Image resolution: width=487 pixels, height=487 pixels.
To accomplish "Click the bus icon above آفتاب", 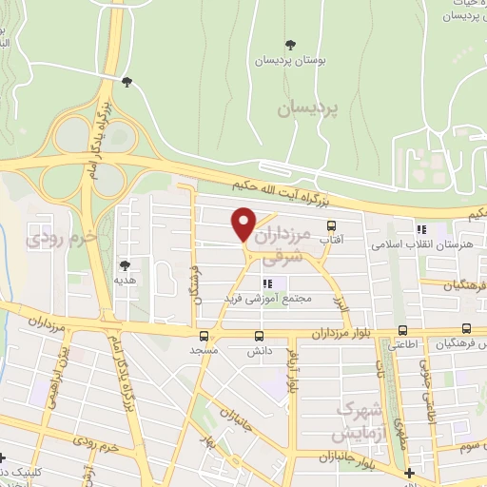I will (x=331, y=226).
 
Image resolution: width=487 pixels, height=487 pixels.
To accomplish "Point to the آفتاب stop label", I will (x=331, y=242).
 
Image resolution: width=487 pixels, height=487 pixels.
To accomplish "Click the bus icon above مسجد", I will (x=204, y=336).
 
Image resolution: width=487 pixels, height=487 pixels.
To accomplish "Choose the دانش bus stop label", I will (x=260, y=350).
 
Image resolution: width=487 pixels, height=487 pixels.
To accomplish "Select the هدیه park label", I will (x=124, y=281).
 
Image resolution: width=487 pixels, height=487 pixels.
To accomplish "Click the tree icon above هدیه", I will (x=124, y=265).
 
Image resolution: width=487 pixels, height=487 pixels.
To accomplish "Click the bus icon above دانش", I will (x=260, y=336).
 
